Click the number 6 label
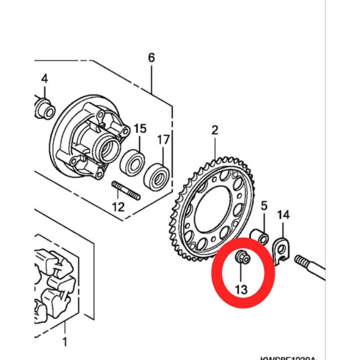pyautogui.click(x=151, y=58)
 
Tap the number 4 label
pyautogui.click(x=44, y=78)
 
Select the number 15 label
pyautogui.click(x=140, y=129)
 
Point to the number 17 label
pyautogui.click(x=163, y=139)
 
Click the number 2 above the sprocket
pyautogui.click(x=215, y=131)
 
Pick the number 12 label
pyautogui.click(x=118, y=207)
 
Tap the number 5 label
pyautogui.click(x=264, y=206)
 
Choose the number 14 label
pyautogui.click(x=283, y=215)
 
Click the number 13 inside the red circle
pyautogui.click(x=241, y=289)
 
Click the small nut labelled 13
pyautogui.click(x=242, y=258)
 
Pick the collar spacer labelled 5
pyautogui.click(x=261, y=236)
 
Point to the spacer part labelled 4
pyautogui.click(x=44, y=108)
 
